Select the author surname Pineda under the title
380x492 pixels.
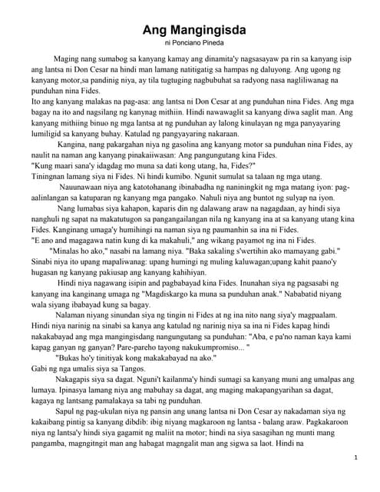coord(213,45)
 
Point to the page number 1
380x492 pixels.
coord(357,457)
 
